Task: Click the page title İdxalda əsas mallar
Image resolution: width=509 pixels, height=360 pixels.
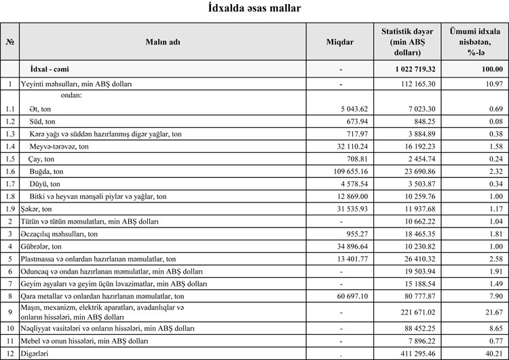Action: [x=254, y=9]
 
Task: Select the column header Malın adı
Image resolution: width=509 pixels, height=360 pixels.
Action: [x=163, y=41]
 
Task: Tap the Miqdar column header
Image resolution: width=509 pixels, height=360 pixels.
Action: [x=340, y=41]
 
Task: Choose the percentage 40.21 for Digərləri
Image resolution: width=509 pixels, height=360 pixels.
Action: [x=490, y=353]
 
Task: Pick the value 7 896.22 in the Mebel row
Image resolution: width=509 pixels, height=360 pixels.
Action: [x=418, y=341]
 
